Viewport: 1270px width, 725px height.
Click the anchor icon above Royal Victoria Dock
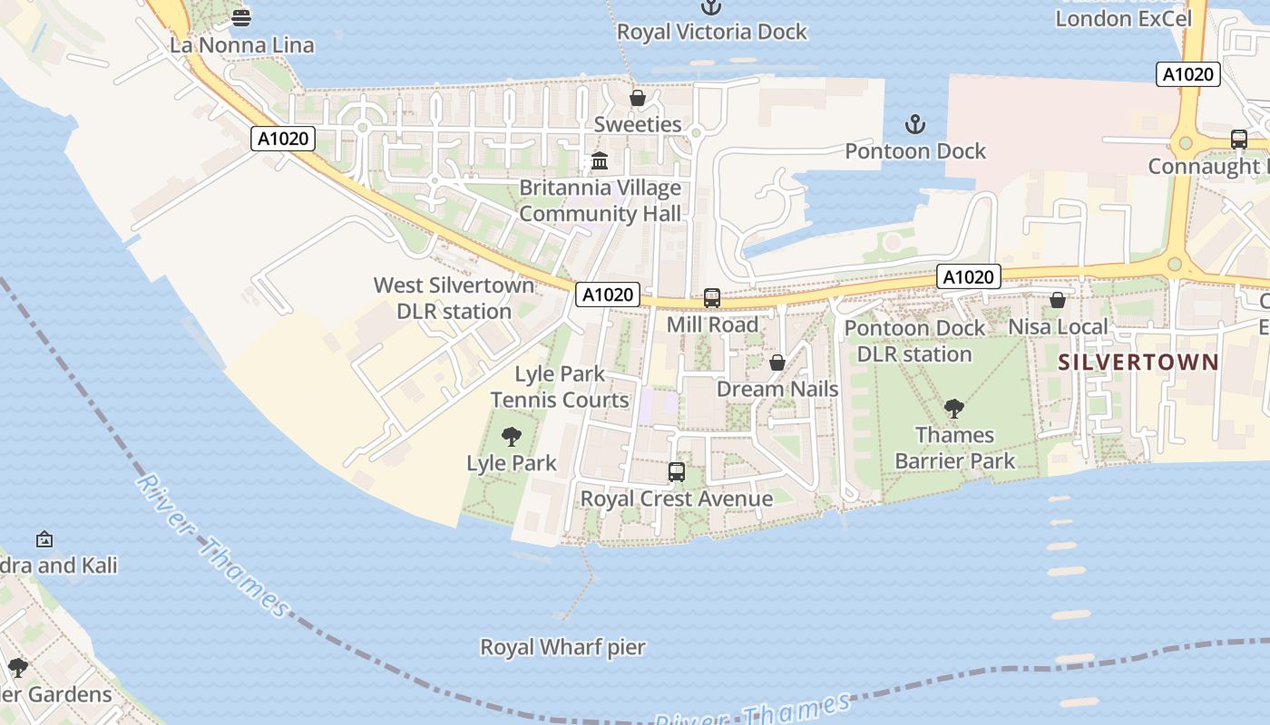(712, 7)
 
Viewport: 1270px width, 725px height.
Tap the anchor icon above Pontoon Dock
(915, 124)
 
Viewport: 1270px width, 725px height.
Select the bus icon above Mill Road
(712, 298)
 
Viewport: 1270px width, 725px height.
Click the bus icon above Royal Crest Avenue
(677, 472)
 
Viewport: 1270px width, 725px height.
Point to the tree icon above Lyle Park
(512, 437)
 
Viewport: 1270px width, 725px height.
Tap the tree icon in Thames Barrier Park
(953, 409)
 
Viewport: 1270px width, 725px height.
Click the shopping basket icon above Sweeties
(638, 98)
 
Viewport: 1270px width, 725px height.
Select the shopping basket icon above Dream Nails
(777, 363)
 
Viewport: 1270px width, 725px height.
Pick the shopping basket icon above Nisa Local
(1058, 300)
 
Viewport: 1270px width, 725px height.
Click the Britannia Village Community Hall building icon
(600, 162)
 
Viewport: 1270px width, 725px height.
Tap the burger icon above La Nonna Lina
(241, 17)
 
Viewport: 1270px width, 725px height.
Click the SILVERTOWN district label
(1139, 362)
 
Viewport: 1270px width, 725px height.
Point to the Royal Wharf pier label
(562, 647)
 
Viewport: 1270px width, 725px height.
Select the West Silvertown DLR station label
(454, 298)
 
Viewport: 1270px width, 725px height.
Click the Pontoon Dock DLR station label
(914, 341)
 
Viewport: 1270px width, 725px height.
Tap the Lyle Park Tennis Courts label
(560, 387)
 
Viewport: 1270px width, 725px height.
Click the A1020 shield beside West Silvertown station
(608, 295)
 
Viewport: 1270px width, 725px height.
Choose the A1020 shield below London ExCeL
(1187, 74)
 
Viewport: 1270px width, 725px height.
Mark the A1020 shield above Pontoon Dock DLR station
(968, 276)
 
